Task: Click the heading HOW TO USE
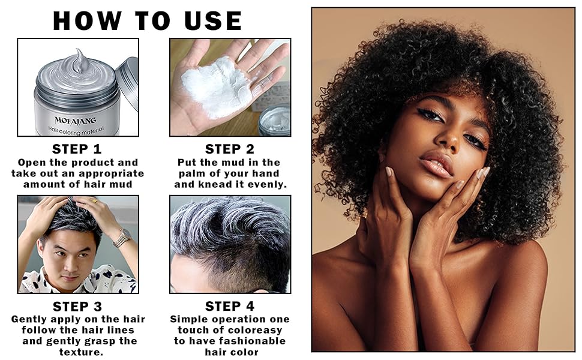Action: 147,20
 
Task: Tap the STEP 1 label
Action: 77,149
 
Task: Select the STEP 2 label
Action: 230,149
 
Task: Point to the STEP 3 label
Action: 77,307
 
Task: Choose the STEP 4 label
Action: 230,307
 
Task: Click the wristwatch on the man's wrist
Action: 122,238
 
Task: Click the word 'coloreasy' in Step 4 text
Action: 253,330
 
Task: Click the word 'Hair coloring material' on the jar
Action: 77,128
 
